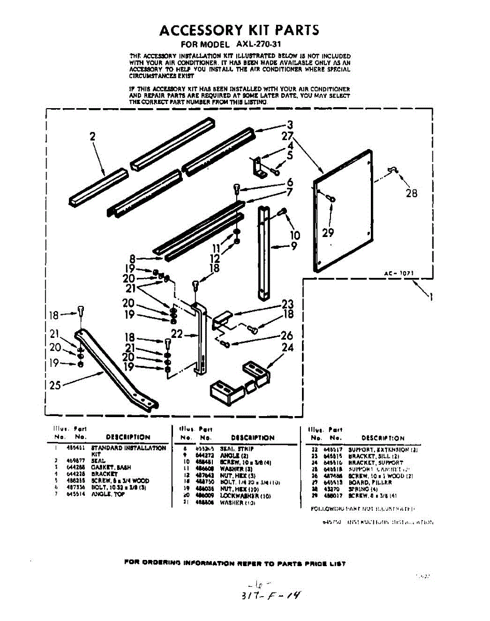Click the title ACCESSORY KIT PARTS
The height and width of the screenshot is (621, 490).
pyautogui.click(x=239, y=30)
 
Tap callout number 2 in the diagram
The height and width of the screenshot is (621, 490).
pyautogui.click(x=93, y=137)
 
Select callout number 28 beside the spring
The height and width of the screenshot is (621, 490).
pyautogui.click(x=411, y=193)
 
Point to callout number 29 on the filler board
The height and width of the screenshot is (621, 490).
pyautogui.click(x=328, y=232)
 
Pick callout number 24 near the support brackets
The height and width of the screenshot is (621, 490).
pyautogui.click(x=288, y=348)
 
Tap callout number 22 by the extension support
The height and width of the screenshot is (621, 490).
pyautogui.click(x=177, y=334)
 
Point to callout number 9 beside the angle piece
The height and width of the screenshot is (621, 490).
pyautogui.click(x=294, y=247)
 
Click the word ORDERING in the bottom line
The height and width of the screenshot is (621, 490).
pyautogui.click(x=166, y=564)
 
